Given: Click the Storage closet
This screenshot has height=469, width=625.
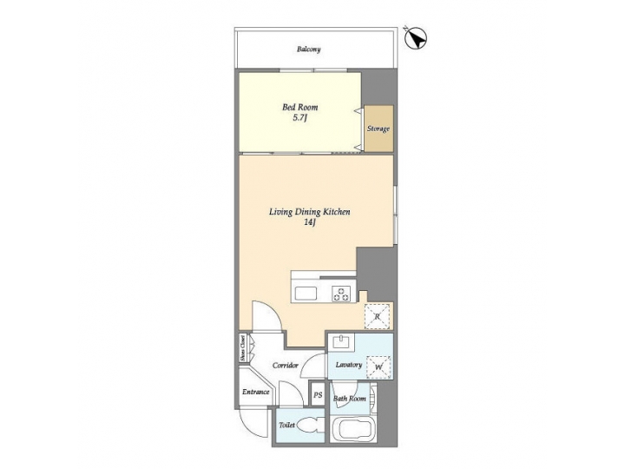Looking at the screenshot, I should coord(378,129).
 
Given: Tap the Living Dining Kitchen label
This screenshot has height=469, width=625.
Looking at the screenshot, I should coord(308,212).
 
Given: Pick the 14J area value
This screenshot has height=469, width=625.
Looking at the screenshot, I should coord(308,223).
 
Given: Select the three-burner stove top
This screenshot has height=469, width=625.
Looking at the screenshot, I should coord(342,294).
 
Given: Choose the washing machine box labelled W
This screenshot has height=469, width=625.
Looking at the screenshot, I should coord(379,367).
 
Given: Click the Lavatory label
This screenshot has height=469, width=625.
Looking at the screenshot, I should coord(348,365).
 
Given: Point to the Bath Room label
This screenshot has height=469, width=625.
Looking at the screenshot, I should coord(349,399).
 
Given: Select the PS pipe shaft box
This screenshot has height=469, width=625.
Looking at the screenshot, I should coord(318,396).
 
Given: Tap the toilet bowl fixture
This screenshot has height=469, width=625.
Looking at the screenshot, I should coord(311,427).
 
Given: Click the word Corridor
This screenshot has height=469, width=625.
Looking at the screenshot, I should coord(286,366).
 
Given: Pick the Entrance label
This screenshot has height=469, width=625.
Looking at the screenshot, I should coord(256,392).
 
